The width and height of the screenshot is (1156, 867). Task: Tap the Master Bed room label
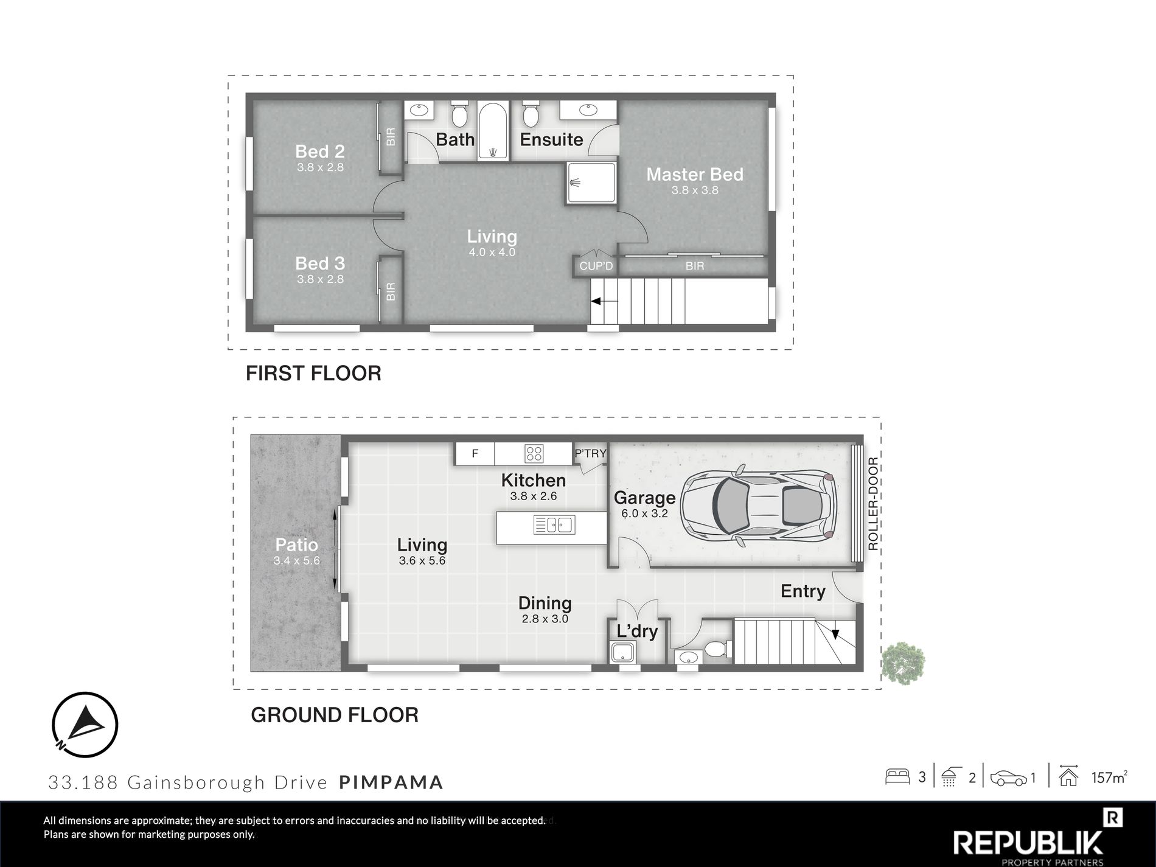tap(695, 175)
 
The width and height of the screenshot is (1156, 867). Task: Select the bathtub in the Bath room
tap(492, 131)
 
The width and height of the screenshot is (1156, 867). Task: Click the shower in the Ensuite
tap(591, 183)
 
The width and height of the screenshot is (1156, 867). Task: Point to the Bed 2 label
tap(320, 151)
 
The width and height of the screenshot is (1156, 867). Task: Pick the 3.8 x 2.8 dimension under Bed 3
tap(320, 279)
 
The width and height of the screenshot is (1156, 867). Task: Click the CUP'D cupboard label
tap(596, 266)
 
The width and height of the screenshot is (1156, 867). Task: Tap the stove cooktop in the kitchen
tap(534, 453)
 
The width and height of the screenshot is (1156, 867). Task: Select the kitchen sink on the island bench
tap(554, 525)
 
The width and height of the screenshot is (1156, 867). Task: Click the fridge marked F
tap(475, 453)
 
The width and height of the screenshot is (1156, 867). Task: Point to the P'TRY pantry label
tap(591, 453)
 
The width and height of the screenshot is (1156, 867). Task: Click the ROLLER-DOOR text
tap(873, 504)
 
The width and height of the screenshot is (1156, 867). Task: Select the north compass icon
tap(85, 725)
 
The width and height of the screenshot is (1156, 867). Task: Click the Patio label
tap(296, 545)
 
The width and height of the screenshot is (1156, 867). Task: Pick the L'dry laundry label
tap(637, 631)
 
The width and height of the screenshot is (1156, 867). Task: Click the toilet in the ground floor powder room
tap(716, 649)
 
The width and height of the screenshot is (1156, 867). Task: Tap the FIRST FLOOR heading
tap(313, 373)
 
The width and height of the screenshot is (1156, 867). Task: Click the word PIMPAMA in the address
tap(391, 782)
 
